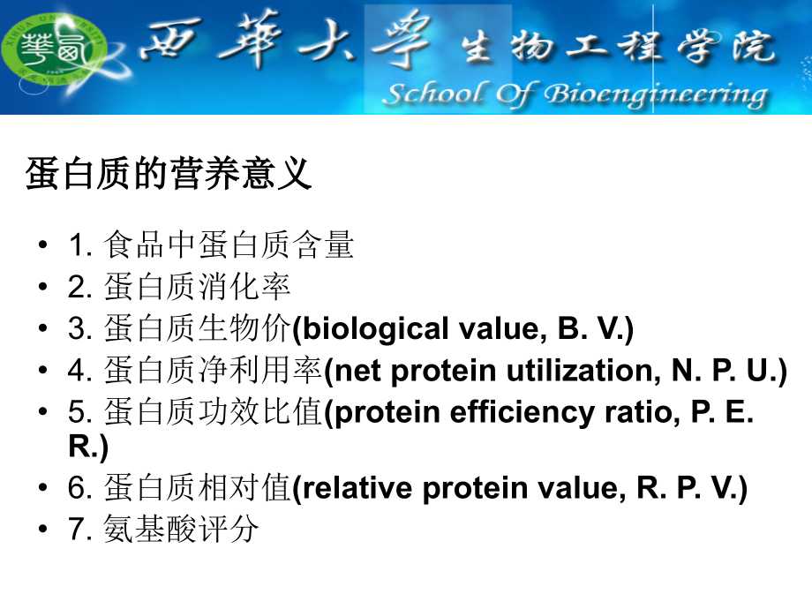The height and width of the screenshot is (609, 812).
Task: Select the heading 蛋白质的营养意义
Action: [x=169, y=174]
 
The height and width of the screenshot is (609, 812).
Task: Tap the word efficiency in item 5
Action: [x=504, y=412]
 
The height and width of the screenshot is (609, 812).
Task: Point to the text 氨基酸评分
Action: [x=182, y=530]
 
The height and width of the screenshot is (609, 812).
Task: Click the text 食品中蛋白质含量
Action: [x=229, y=244]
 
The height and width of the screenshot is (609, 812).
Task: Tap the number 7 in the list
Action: [x=75, y=530]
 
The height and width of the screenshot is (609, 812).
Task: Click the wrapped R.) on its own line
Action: [x=87, y=447]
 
